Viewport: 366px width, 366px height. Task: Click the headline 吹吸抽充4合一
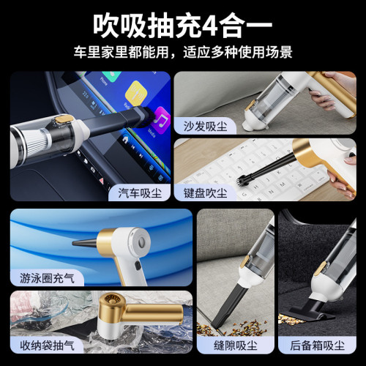tap(183, 24)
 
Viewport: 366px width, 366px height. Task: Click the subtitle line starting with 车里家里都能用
tap(183, 53)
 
